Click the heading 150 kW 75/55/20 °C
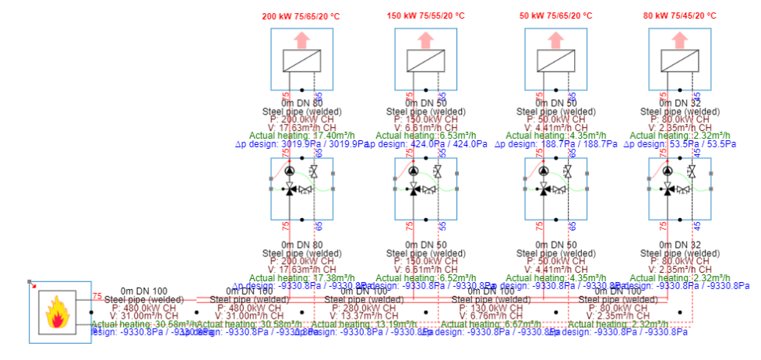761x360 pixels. coord(427,16)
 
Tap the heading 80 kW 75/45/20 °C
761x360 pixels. coord(681,16)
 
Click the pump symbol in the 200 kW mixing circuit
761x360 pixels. coord(290,171)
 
